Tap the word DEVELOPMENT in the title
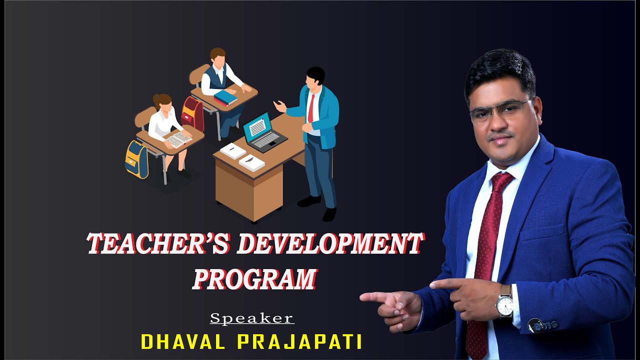point(330,245)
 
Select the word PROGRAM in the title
point(255,279)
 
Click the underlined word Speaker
point(252,318)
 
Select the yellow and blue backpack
point(136,159)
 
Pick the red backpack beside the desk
point(193,113)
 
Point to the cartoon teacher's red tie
point(311,107)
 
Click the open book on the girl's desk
point(178,139)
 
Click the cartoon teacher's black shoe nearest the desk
point(308,201)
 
